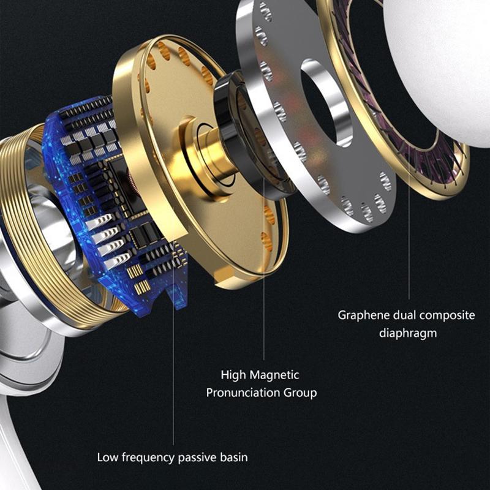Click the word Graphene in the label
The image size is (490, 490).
363,315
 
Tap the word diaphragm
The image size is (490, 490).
408,333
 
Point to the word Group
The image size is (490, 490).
300,393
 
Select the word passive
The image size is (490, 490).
197,458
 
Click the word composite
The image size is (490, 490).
449,315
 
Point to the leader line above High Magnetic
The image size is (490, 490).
264,269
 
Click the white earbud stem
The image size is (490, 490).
16,437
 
